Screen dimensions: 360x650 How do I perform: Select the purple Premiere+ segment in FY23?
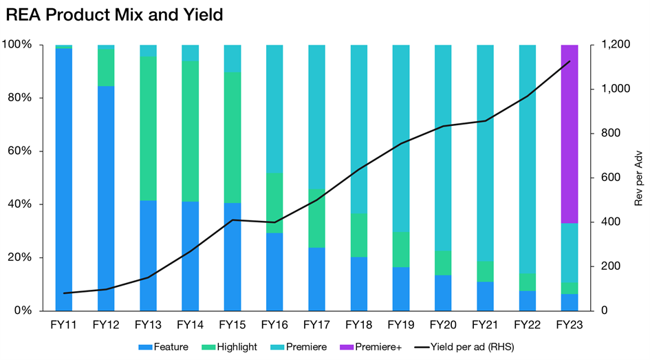coord(570,134)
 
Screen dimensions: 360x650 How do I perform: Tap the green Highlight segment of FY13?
coord(148,128)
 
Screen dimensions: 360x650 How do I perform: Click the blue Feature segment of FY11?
coord(63,179)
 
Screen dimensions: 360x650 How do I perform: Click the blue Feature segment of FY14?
coord(190,255)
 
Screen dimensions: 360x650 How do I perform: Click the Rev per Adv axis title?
coord(638,178)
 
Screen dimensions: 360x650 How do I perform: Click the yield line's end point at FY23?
coord(570,62)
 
